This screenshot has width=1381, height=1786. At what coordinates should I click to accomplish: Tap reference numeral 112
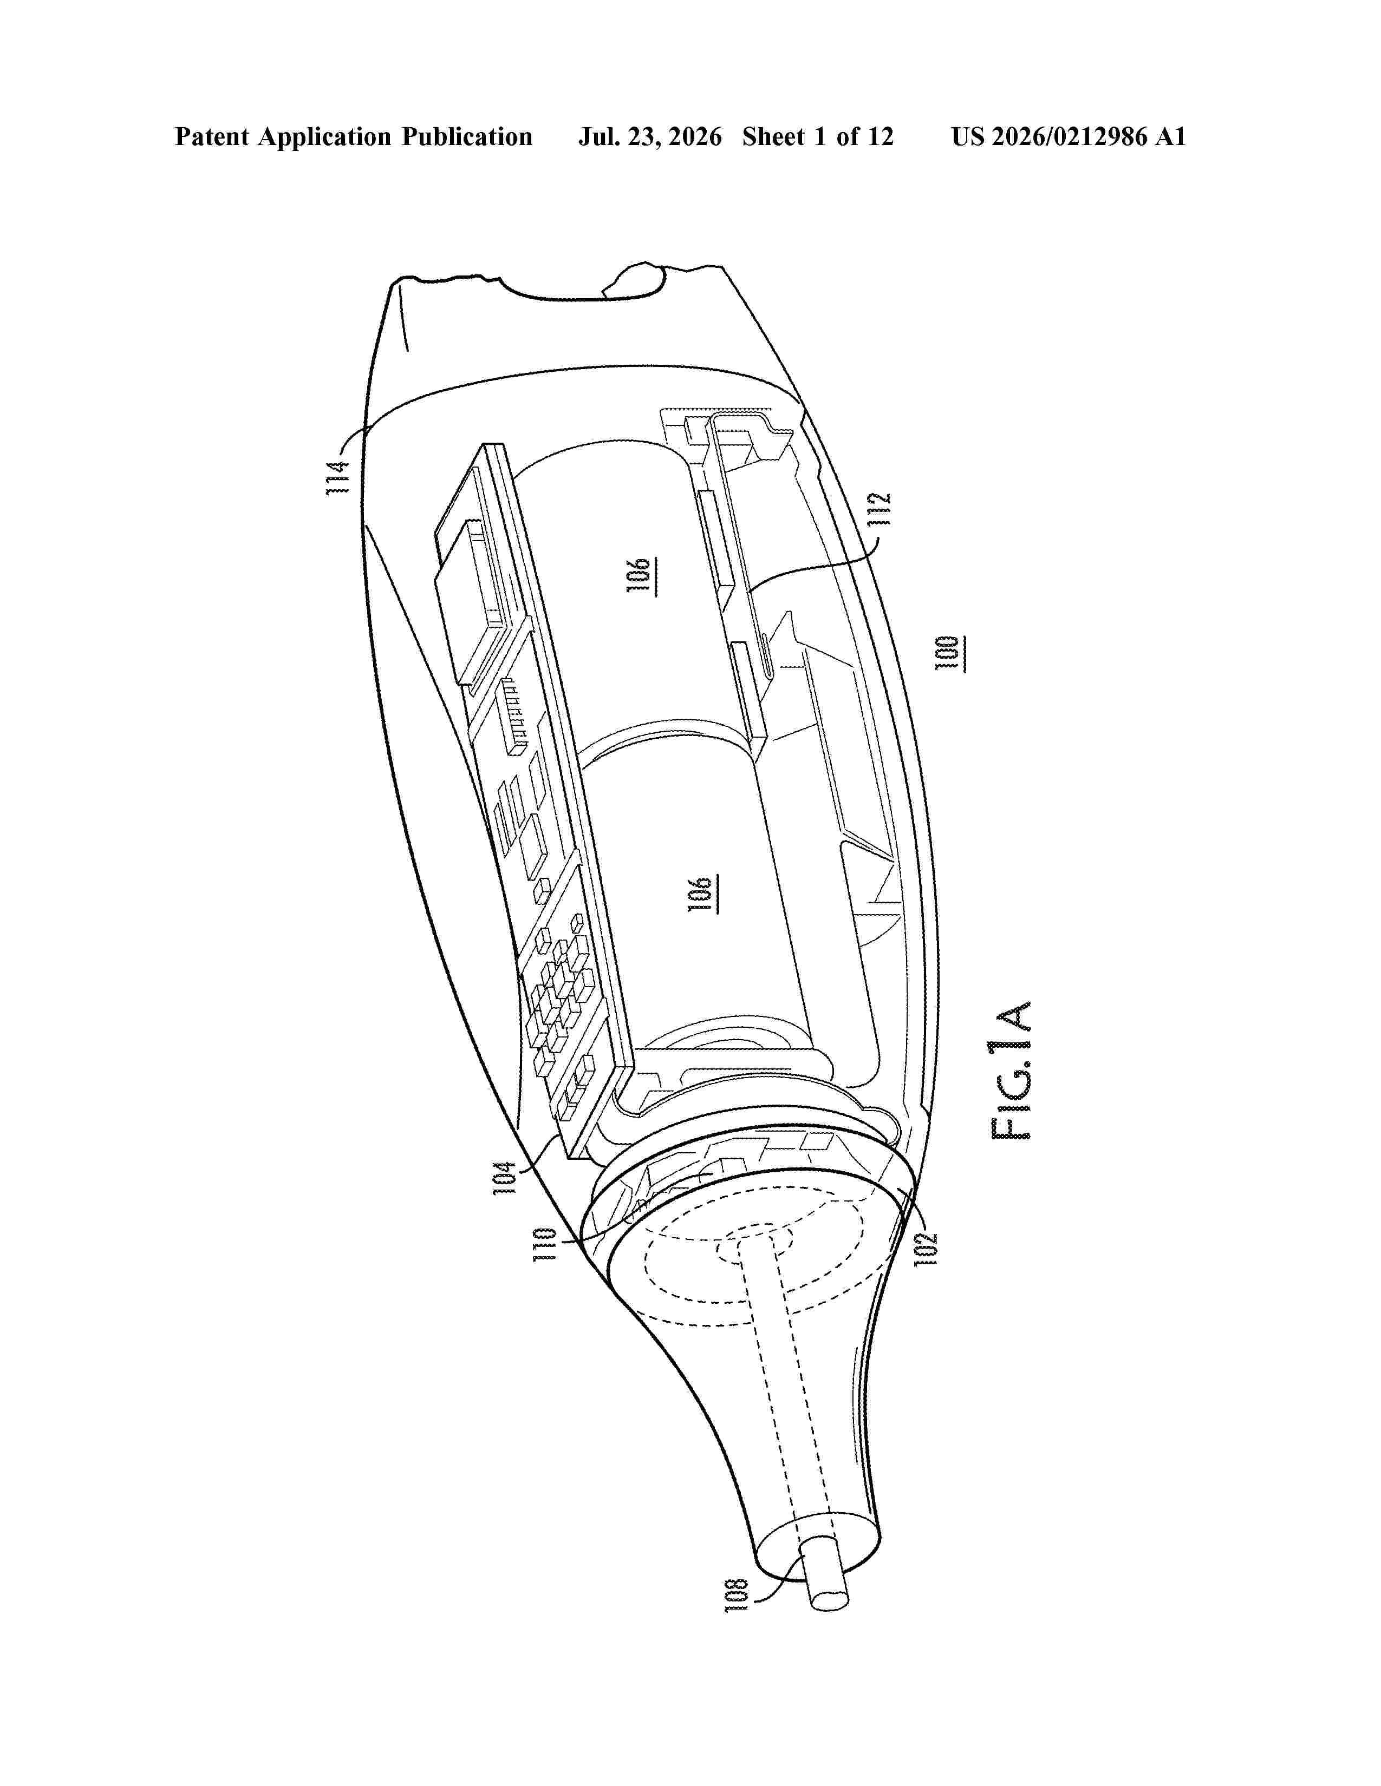880,509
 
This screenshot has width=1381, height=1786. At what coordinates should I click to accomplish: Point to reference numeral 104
505,1178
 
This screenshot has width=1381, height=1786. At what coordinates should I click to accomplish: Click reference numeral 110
545,1245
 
